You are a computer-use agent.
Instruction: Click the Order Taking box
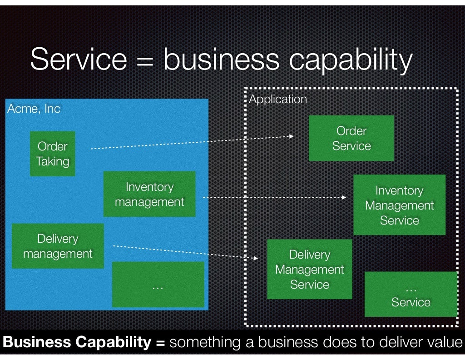[52, 154]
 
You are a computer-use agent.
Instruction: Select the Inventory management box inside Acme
[149, 194]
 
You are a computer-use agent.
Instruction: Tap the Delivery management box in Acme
[58, 246]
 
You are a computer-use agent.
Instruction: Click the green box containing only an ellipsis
[158, 285]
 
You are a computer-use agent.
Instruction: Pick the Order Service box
[351, 138]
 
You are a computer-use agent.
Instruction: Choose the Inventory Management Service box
[399, 205]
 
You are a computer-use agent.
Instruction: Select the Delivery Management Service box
[309, 269]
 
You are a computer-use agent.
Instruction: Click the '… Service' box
[411, 295]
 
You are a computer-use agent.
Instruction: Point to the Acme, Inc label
[34, 109]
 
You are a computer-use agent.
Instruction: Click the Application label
[278, 99]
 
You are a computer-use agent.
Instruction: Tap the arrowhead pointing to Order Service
[292, 136]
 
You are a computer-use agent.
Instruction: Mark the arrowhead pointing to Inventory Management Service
[344, 198]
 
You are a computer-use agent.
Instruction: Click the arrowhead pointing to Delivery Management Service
[256, 258]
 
